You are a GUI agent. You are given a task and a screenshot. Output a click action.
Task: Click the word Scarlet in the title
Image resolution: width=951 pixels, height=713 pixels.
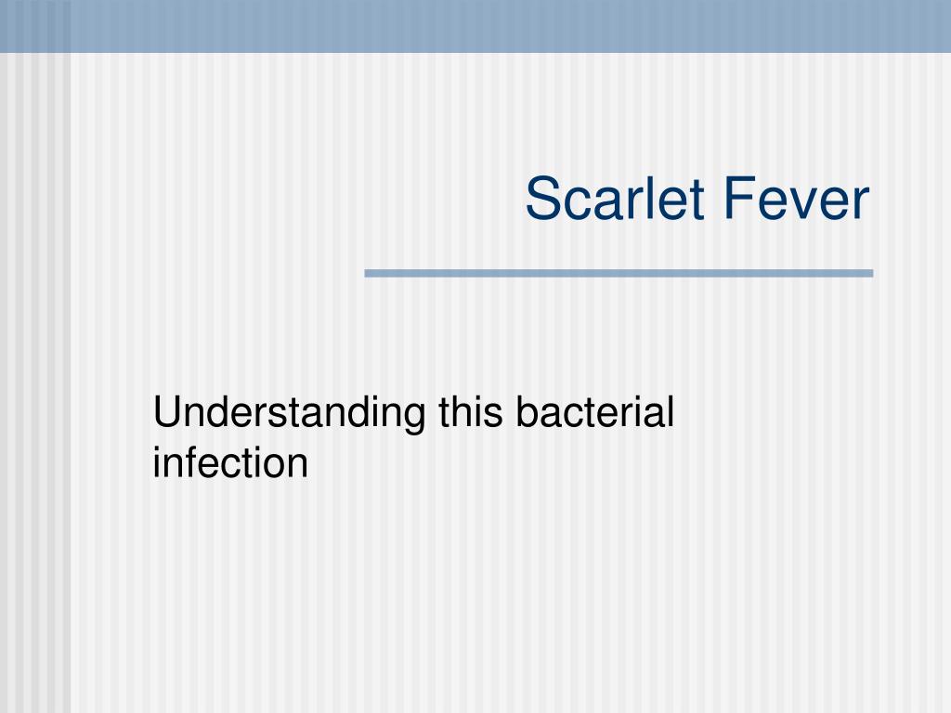(x=615, y=199)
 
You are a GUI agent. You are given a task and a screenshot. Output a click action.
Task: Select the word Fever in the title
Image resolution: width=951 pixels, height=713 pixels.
(x=797, y=199)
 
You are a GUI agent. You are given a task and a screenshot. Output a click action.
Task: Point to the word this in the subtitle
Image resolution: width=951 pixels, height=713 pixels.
(x=471, y=411)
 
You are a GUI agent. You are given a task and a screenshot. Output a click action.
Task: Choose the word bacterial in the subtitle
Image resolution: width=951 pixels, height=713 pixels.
(x=595, y=411)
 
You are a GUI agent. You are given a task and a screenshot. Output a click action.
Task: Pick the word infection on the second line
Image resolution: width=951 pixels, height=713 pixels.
(x=230, y=462)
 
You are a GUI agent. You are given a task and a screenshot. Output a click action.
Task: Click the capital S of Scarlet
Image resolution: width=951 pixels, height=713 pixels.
(x=541, y=199)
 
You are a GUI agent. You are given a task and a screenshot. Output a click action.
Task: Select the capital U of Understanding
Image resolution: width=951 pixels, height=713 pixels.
(x=168, y=411)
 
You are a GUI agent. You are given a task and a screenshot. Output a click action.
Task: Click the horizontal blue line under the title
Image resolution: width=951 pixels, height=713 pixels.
(x=619, y=274)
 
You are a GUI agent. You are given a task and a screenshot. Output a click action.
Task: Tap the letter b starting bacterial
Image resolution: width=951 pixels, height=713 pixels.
(x=528, y=411)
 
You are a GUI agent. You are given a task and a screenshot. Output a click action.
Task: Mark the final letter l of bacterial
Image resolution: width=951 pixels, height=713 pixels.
(x=671, y=411)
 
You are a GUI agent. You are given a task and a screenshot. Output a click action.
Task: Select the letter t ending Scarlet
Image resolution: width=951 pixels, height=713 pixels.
(x=697, y=201)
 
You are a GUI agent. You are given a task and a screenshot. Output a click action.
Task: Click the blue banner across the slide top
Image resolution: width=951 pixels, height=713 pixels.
(x=475, y=26)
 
